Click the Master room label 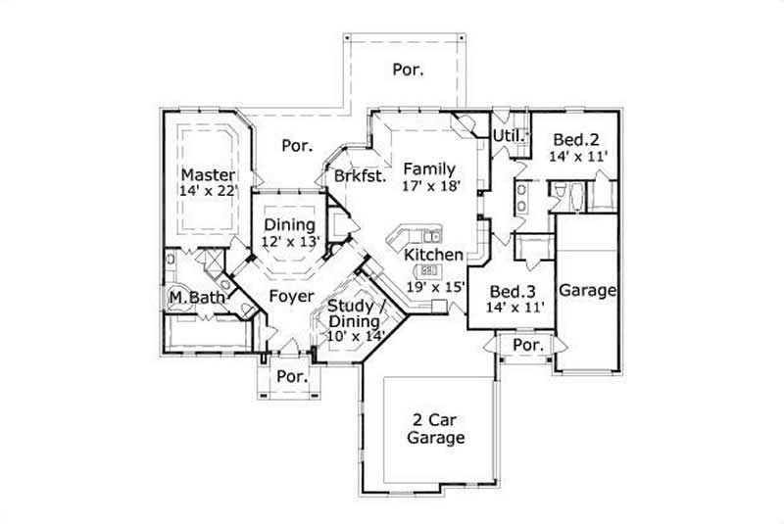coord(207,174)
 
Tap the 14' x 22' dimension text coord(207,192)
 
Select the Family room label coord(429,168)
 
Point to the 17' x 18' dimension coord(429,186)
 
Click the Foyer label coord(290,296)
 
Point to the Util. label coord(508,135)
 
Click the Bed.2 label coord(573,138)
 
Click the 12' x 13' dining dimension coord(290,241)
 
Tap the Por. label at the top coord(408,70)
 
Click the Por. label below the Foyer coord(292,376)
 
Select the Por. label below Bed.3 coord(528,346)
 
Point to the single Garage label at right coord(587,290)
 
